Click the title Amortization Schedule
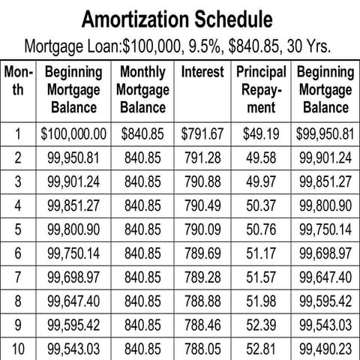[179, 18]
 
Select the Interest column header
[202, 73]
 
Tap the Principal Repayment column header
[262, 90]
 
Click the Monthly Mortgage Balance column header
[142, 90]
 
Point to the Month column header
[18, 81]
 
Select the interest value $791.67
[202, 136]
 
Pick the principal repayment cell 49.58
[262, 159]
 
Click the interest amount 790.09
[202, 229]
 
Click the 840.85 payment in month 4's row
[142, 205]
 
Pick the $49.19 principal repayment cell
[262, 136]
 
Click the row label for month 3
[18, 182]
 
